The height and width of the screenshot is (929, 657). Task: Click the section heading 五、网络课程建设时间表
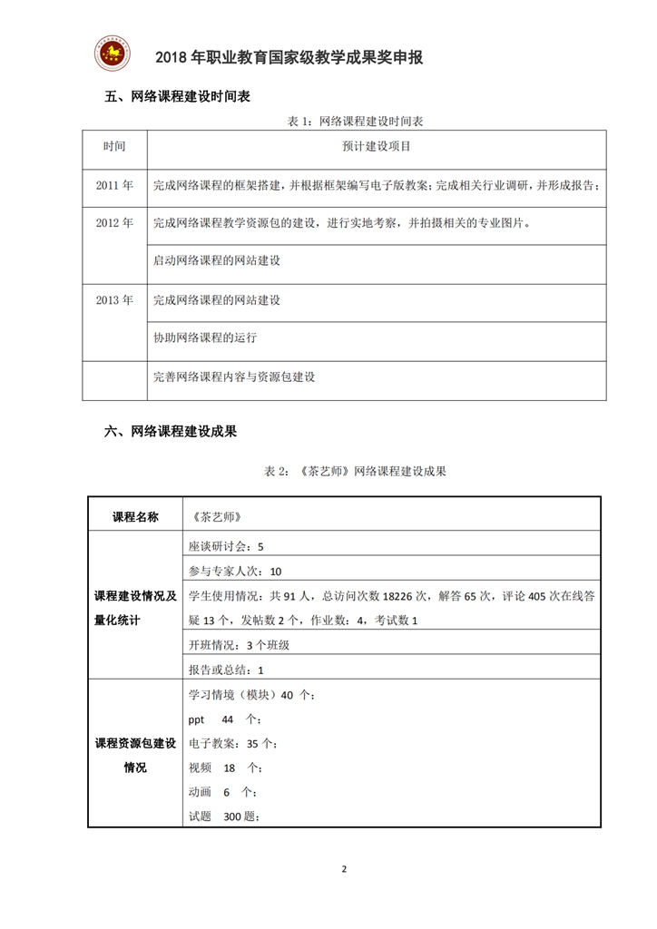178,97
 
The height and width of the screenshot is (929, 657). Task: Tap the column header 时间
114,145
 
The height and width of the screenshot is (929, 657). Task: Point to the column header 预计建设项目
377,145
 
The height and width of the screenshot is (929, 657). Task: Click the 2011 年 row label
114,185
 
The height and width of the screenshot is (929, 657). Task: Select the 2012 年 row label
114,223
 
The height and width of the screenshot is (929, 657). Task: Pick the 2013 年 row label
114,300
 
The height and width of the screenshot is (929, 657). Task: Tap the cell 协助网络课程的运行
205,337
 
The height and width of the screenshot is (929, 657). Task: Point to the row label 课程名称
135,516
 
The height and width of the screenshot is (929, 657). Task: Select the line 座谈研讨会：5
226,547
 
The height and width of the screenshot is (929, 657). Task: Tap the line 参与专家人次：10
235,571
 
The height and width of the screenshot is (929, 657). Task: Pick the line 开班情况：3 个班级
239,645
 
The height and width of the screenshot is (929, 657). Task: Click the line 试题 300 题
225,816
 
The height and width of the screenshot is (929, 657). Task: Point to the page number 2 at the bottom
344,868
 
